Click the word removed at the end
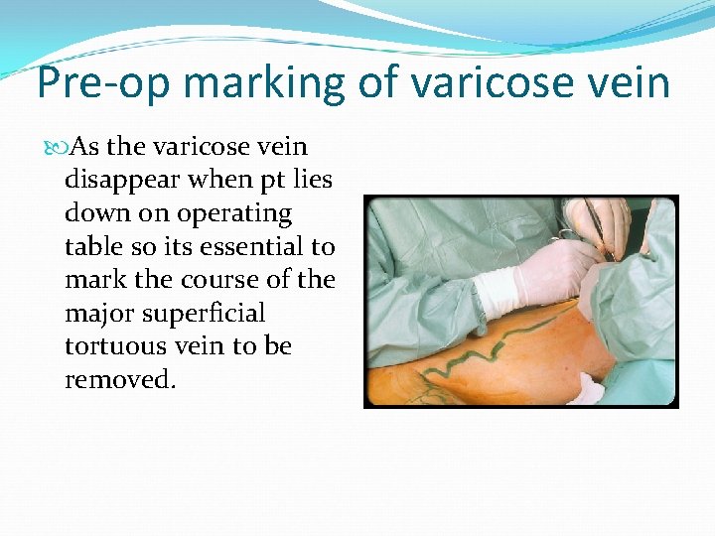(x=119, y=380)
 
